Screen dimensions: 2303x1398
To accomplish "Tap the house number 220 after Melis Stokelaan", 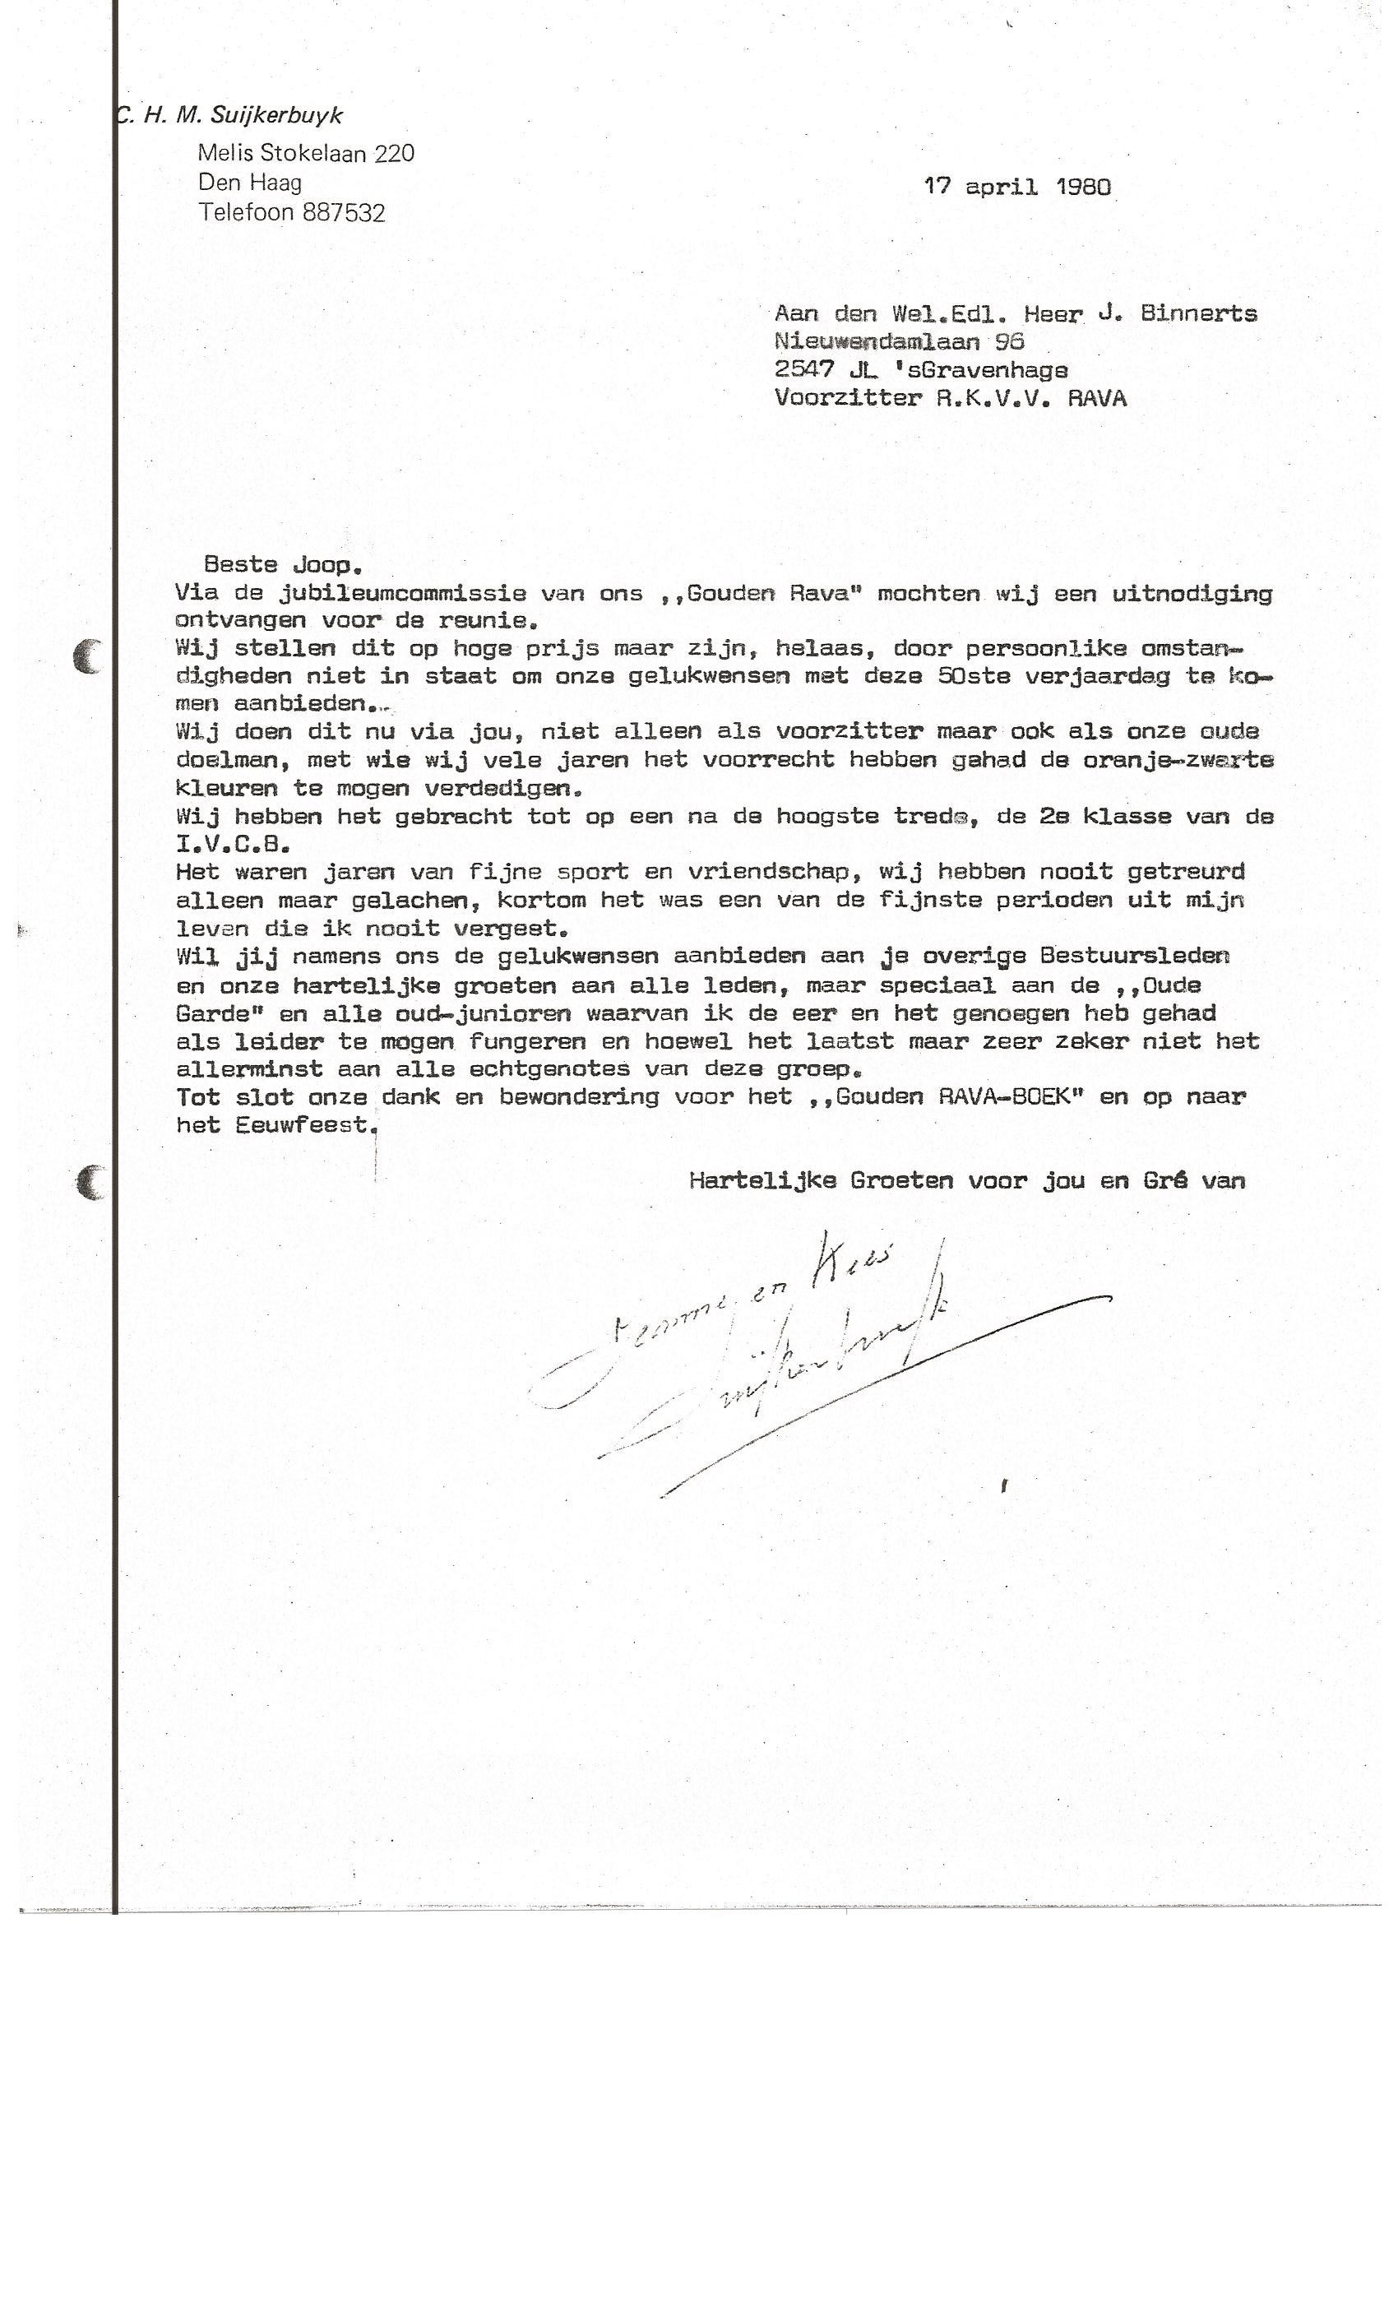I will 395,153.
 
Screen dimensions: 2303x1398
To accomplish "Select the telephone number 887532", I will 344,213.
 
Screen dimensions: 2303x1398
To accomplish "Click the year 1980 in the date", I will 1083,187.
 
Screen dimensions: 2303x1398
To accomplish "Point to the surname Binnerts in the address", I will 1198,314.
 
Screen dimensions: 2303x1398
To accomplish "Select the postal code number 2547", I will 803,370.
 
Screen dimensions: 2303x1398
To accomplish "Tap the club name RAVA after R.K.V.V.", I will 1096,399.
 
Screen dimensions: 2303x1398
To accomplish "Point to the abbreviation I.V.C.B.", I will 233,845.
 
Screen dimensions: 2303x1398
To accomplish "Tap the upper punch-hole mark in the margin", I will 89,657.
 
